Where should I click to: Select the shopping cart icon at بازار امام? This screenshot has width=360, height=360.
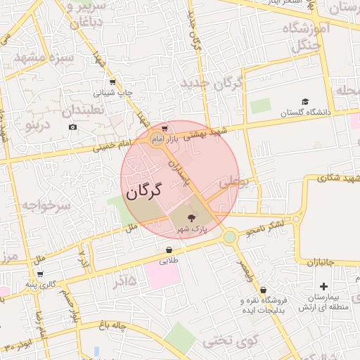pyautogui.click(x=164, y=129)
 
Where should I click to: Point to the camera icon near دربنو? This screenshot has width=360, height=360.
pyautogui.click(x=72, y=127)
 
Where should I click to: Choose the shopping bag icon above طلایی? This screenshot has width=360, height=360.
pyautogui.click(x=169, y=250)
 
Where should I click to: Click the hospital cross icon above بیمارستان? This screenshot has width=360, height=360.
pyautogui.click(x=323, y=286)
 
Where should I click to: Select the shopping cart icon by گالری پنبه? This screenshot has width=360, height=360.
pyautogui.click(x=39, y=274)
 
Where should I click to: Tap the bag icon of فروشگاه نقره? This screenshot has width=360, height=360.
pyautogui.click(x=263, y=290)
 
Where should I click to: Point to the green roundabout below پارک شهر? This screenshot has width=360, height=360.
pyautogui.click(x=230, y=237)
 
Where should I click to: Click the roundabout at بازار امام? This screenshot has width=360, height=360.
pyautogui.click(x=156, y=139)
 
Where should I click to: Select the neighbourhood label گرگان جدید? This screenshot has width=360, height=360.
pyautogui.click(x=211, y=83)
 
